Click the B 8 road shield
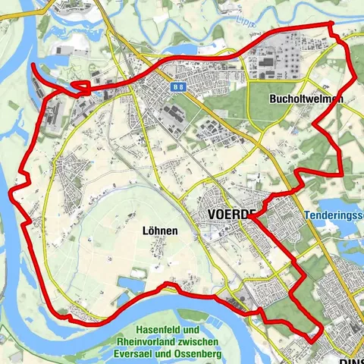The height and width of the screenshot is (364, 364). tap(178, 87)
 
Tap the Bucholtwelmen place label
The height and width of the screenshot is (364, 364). tap(306, 99)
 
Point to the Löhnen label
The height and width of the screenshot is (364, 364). tap(159, 230)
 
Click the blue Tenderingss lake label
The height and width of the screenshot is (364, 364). tap(334, 216)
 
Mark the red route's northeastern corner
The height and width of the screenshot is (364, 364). tap(331, 26)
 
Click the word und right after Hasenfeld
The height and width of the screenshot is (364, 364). tap(190, 331)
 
